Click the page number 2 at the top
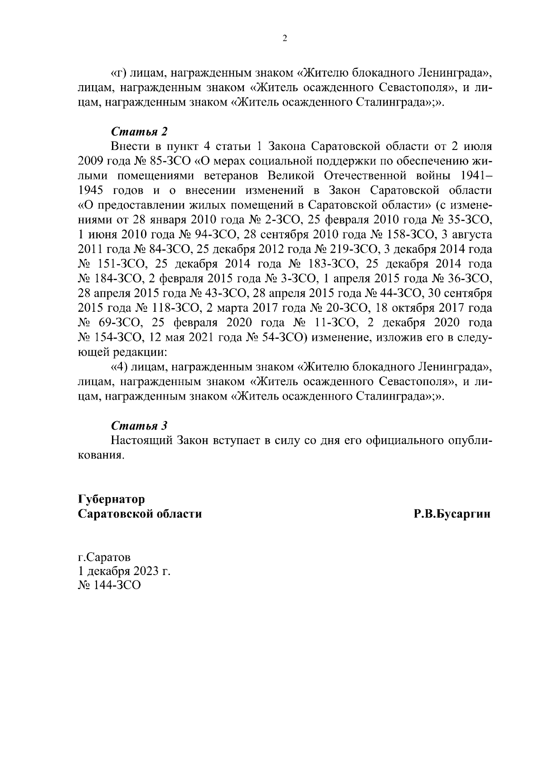pos(285,39)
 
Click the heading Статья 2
pos(139,132)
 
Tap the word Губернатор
pos(112,499)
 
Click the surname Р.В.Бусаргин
pos(452,514)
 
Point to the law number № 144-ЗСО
pos(109,585)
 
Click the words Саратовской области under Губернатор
pos(140,514)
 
